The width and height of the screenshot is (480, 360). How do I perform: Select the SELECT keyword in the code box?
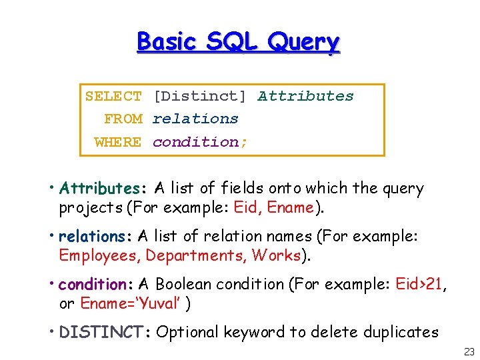click(x=113, y=96)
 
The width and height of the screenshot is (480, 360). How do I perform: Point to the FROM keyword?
click(x=123, y=119)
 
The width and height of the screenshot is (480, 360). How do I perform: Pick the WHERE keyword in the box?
click(x=118, y=141)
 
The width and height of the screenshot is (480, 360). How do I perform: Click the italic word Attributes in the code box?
click(x=306, y=96)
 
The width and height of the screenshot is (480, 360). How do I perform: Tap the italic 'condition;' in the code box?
click(x=200, y=141)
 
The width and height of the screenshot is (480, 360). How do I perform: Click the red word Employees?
click(x=99, y=255)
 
